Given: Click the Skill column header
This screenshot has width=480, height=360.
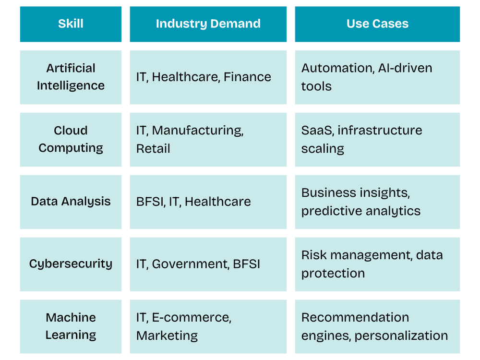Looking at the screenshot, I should pos(71,24).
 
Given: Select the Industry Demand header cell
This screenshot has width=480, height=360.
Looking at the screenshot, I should pos(208,24).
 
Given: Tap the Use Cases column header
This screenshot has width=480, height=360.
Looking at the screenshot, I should pos(377,24).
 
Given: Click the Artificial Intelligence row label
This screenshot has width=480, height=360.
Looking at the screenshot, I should pos(71,77).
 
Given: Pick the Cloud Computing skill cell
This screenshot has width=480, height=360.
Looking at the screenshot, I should pos(71,139).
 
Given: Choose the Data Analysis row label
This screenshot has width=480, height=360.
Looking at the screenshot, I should pos(71,202).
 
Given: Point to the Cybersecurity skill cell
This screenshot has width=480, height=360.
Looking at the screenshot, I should pos(71,264).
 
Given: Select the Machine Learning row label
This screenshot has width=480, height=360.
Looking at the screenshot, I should pos(71,326).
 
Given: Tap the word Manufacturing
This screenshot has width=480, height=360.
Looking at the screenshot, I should pos(197,131).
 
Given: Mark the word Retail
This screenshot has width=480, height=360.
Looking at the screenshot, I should pos(153,149).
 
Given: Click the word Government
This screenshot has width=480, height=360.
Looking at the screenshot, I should pos(190,264).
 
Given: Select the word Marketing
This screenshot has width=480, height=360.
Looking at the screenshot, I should pos(167,336).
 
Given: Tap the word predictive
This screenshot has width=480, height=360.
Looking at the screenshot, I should pos(327,211).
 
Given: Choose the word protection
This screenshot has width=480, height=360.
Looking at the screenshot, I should pos(333,274).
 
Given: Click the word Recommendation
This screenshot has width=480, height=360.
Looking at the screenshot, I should pos(355,318).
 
